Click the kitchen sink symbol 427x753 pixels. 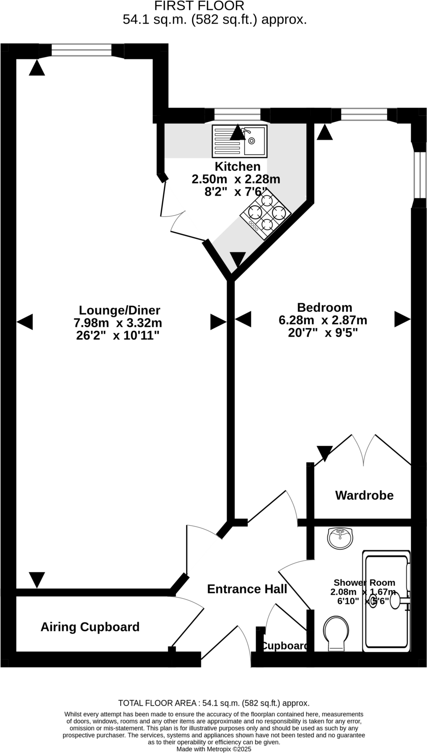pyautogui.click(x=239, y=141)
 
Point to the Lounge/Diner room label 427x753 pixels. pyautogui.click(x=119, y=310)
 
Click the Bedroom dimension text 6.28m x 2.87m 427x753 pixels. pyautogui.click(x=323, y=320)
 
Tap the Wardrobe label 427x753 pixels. pyautogui.click(x=364, y=495)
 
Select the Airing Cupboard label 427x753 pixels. pyautogui.click(x=90, y=627)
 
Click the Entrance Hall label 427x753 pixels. pyautogui.click(x=247, y=589)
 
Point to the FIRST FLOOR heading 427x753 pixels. pyautogui.click(x=199, y=6)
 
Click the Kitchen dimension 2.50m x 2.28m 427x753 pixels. pyautogui.click(x=236, y=179)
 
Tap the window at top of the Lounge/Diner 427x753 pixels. pyautogui.click(x=82, y=51)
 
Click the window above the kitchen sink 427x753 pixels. pyautogui.click(x=237, y=114)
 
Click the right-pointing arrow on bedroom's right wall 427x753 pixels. pyautogui.click(x=402, y=319)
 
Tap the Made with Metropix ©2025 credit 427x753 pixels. pyautogui.click(x=214, y=749)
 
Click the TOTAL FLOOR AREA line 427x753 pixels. pyautogui.click(x=214, y=703)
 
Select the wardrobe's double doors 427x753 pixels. pyautogui.click(x=363, y=449)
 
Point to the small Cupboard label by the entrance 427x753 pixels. pyautogui.click(x=285, y=646)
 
